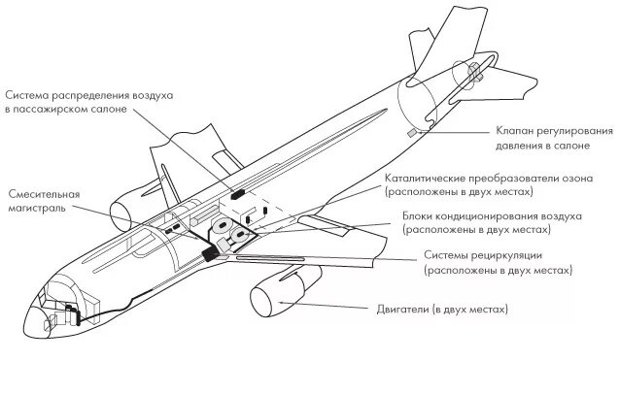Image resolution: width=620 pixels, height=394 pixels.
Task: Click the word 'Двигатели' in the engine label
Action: [403, 310]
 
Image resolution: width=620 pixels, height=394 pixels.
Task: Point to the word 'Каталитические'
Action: [424, 179]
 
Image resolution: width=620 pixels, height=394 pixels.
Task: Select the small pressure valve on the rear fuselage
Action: [412, 130]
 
